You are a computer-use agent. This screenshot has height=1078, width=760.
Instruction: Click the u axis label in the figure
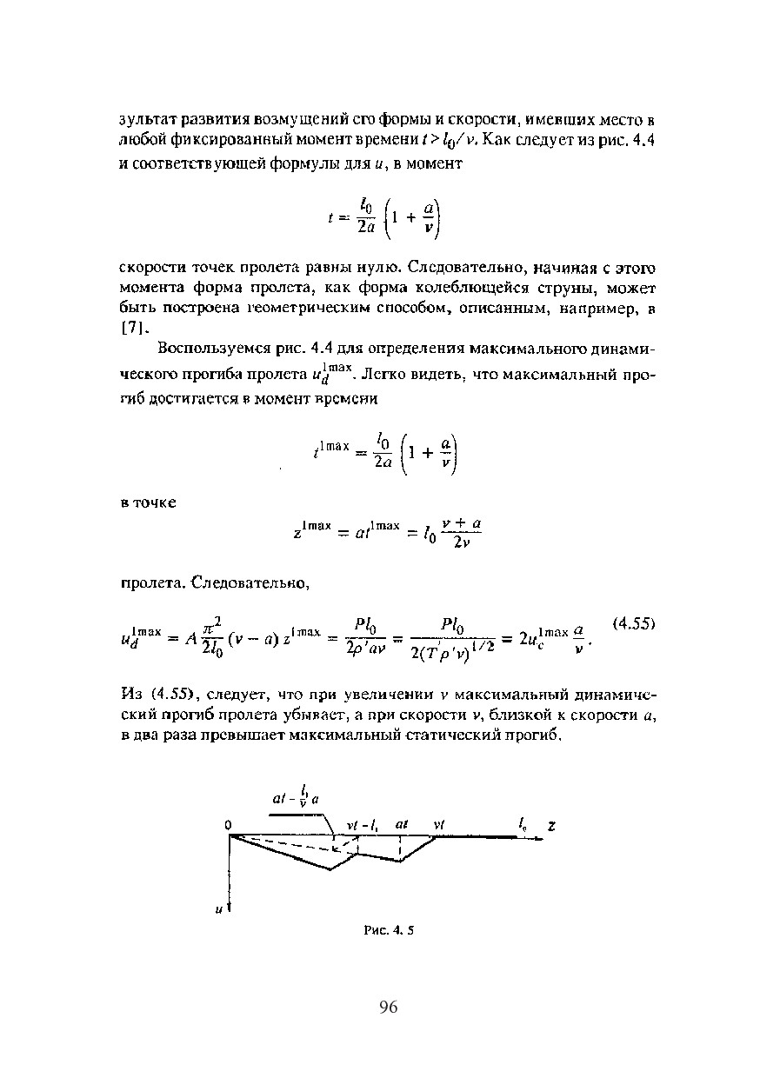pyautogui.click(x=218, y=909)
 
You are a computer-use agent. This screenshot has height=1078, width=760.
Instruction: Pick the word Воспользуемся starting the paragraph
pyautogui.click(x=210, y=349)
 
